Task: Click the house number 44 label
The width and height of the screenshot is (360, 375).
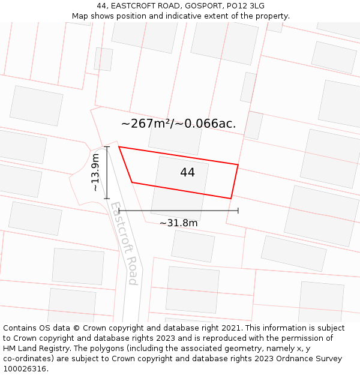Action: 187,173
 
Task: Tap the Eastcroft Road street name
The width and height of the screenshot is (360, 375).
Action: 124,243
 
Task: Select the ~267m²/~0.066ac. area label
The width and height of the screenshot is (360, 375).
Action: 178,124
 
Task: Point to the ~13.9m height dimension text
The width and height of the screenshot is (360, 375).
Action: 95,173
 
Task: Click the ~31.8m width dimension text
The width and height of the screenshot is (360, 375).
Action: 178,223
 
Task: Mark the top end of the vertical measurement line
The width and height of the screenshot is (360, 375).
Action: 107,146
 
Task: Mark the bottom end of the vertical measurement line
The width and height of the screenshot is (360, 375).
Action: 107,199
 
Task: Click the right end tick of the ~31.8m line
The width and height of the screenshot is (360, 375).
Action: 238,211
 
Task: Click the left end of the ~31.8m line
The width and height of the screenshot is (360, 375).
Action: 119,211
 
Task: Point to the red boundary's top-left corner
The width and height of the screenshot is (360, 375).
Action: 119,146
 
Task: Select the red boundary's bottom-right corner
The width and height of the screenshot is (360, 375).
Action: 231,199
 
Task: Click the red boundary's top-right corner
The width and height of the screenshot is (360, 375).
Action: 238,164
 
